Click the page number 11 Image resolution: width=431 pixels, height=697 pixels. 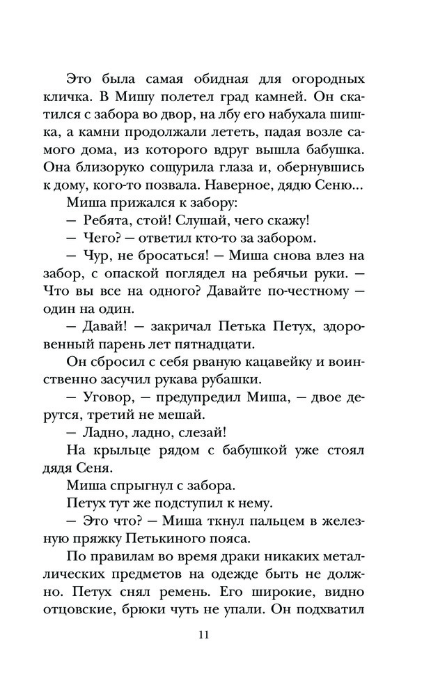(x=203, y=634)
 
